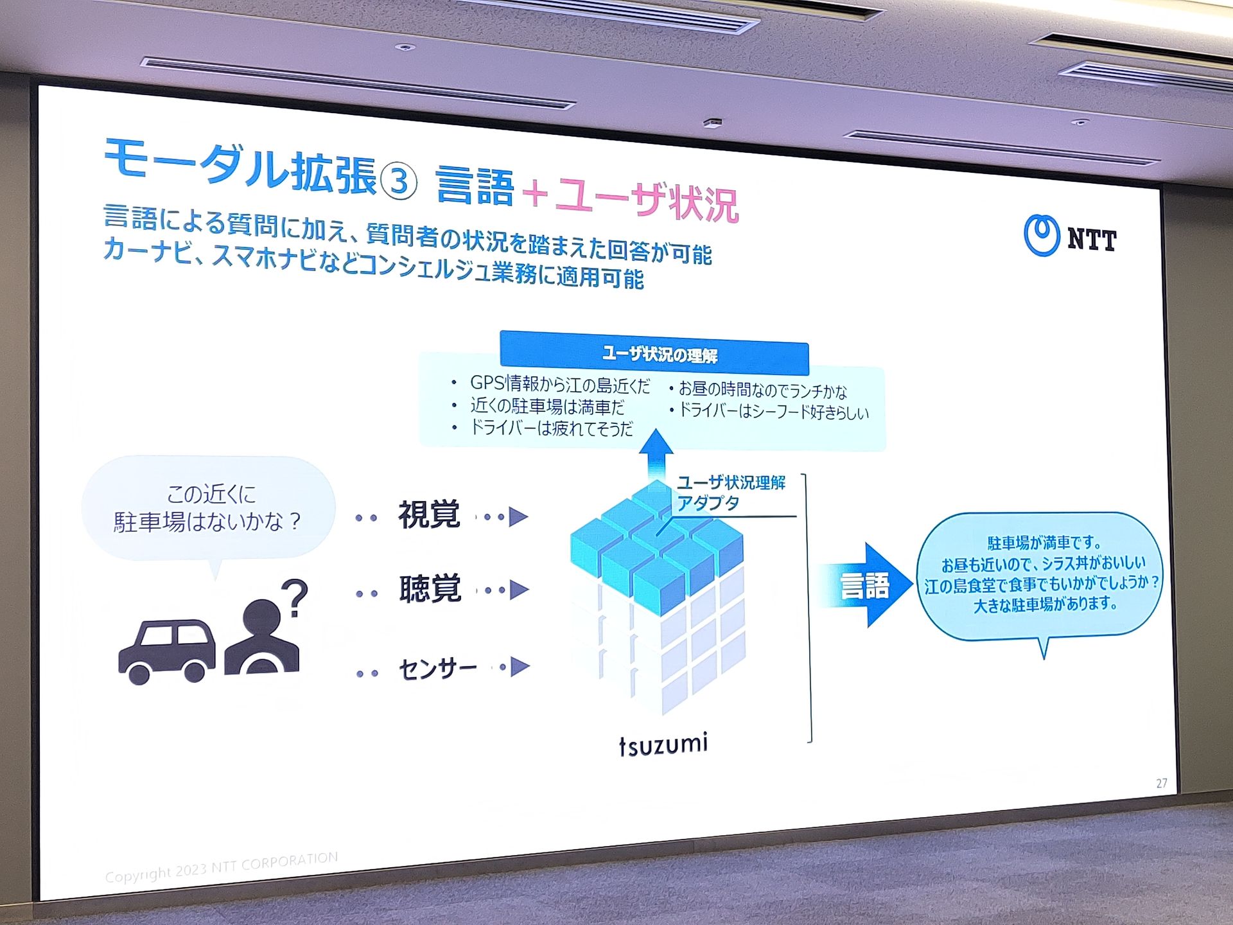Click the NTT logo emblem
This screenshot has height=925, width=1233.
pyautogui.click(x=1041, y=235)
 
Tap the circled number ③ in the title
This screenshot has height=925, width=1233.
pyautogui.click(x=399, y=181)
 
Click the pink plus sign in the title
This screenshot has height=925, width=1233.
pyautogui.click(x=535, y=193)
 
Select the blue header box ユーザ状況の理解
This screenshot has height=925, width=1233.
pyautogui.click(x=654, y=353)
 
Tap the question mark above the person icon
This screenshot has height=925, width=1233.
pyautogui.click(x=295, y=598)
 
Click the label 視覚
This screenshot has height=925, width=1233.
pyautogui.click(x=429, y=515)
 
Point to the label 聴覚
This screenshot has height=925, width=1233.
pyautogui.click(x=430, y=588)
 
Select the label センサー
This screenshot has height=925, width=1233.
pyautogui.click(x=438, y=669)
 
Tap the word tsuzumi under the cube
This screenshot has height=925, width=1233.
pyautogui.click(x=663, y=744)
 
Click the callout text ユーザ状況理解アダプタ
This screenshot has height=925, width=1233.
pyautogui.click(x=731, y=493)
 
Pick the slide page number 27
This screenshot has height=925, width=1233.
pyautogui.click(x=1162, y=783)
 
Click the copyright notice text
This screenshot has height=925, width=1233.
pyautogui.click(x=222, y=867)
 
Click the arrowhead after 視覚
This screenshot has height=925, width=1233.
pyautogui.click(x=518, y=516)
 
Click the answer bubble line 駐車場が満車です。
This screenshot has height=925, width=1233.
pyautogui.click(x=1044, y=543)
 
